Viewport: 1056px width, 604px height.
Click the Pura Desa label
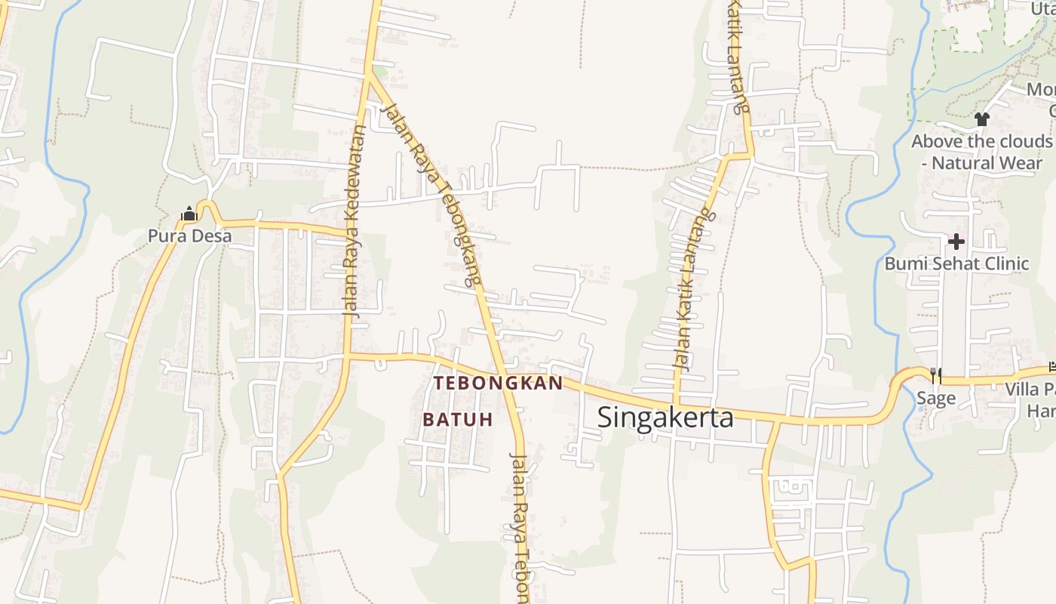(189, 236)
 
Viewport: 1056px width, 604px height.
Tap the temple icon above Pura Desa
(189, 215)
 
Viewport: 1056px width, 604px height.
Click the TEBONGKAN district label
(498, 383)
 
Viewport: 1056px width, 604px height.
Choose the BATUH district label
(457, 419)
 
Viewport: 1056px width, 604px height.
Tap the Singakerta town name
(665, 417)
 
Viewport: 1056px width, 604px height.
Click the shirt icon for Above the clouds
(981, 119)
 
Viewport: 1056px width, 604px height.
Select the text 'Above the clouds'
(981, 141)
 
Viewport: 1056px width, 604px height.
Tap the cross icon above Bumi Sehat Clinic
(956, 242)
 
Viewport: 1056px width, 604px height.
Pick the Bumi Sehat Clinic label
(956, 263)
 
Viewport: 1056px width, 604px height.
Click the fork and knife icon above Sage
(935, 375)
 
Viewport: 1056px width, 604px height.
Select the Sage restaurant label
(935, 398)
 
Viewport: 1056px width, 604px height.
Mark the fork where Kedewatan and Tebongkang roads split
(369, 75)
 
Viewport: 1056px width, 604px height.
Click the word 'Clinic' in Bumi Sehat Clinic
(1004, 263)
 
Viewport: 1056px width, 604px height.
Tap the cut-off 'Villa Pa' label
(1030, 390)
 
